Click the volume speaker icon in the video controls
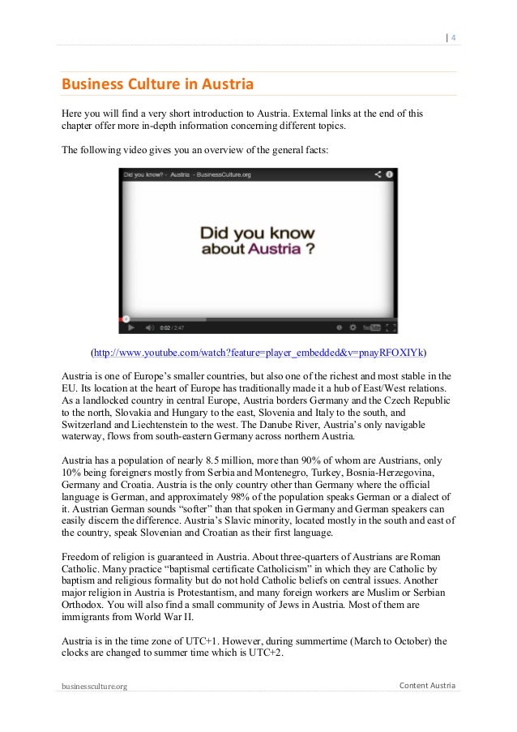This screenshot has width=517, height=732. pos(147,327)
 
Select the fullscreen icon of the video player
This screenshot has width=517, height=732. pos(391,327)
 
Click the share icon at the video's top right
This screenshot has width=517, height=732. pos(377,174)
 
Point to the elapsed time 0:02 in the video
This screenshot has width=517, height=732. pos(164,328)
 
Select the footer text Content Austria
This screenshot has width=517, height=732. pos(428,687)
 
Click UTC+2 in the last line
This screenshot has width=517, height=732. pos(267,654)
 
